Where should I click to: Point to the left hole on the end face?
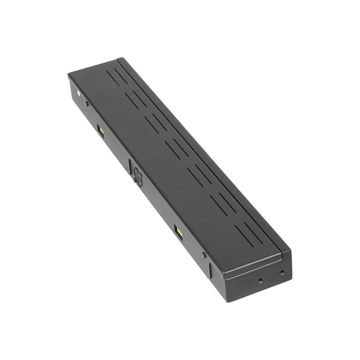pyautogui.click(x=260, y=280)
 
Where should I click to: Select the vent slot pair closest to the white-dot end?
pyautogui.click(x=118, y=77)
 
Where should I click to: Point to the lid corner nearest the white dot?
pyautogui.click(x=70, y=73)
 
